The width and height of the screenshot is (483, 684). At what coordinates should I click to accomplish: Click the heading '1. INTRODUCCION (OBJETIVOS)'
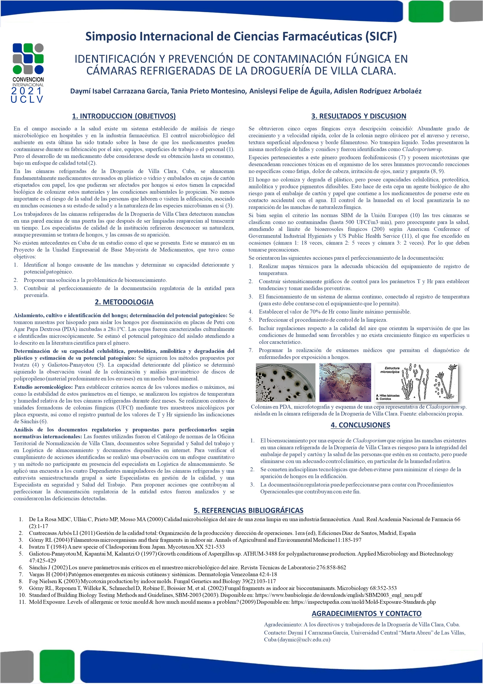point(124,116)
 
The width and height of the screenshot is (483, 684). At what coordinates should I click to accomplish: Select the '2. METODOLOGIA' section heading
point(124,302)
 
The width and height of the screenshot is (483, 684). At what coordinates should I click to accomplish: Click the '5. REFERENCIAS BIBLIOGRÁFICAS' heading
point(248,510)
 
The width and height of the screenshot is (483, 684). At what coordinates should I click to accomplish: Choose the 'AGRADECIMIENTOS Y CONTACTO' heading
point(366,613)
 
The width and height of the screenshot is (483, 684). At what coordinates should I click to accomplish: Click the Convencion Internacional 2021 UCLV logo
point(28,73)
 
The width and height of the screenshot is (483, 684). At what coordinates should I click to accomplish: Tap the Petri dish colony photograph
point(285,382)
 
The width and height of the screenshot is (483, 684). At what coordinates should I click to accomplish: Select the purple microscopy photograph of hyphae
point(345,382)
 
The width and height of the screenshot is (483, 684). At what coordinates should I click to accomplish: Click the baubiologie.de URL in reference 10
point(338,595)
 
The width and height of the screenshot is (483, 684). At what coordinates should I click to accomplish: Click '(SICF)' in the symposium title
point(381,36)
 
